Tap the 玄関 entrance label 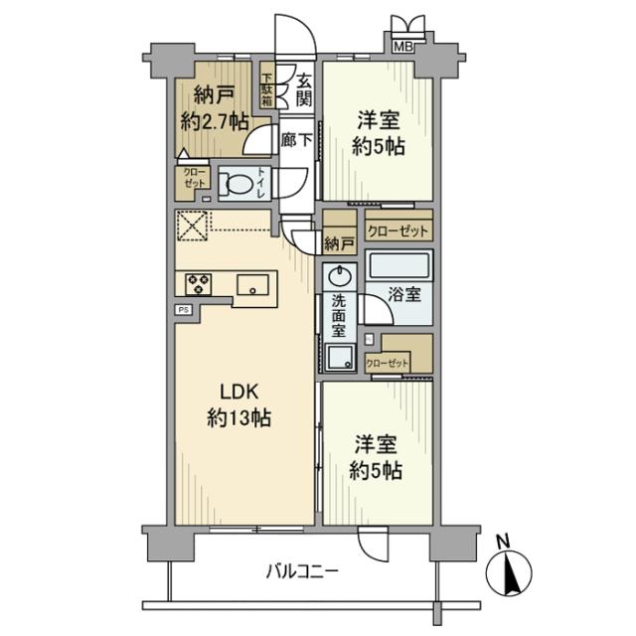pyautogui.click(x=302, y=88)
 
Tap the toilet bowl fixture pyautogui.click(x=236, y=183)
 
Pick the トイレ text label pyautogui.click(x=262, y=183)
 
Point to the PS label pyautogui.click(x=184, y=310)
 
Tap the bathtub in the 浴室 pyautogui.click(x=398, y=265)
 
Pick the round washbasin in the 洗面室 pyautogui.click(x=340, y=275)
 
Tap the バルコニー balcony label pyautogui.click(x=303, y=572)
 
